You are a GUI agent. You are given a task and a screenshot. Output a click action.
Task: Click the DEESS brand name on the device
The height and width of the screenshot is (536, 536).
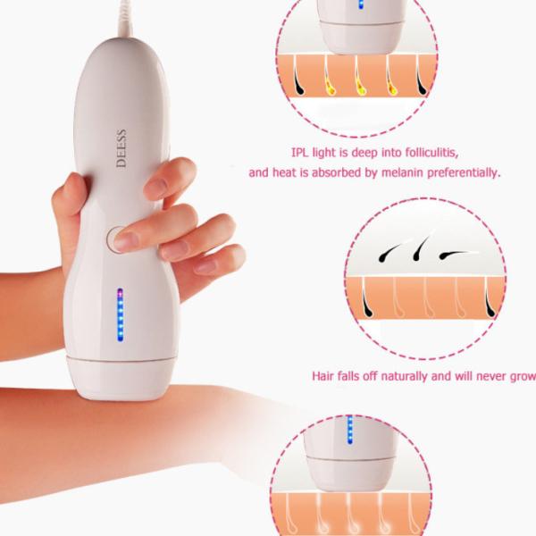121,148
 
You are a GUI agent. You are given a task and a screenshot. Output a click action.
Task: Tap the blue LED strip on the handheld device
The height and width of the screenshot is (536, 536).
120,314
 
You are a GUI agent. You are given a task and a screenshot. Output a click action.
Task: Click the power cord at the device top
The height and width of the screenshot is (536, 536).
125,19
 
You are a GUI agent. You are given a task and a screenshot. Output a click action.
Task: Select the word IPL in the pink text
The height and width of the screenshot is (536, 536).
299,152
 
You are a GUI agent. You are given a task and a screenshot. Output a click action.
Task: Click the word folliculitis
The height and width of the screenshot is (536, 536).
431,152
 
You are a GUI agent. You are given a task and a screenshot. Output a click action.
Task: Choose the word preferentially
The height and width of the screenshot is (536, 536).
464,173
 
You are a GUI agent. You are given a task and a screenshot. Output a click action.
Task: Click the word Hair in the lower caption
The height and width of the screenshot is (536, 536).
322,376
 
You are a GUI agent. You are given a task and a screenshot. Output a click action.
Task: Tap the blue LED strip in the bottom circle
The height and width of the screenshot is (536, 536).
349,430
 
